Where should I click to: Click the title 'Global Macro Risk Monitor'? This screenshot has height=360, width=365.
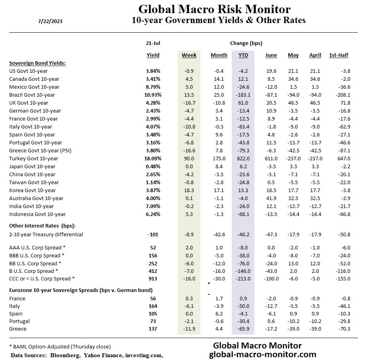click(214, 9)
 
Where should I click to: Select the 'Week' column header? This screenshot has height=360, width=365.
click(189, 55)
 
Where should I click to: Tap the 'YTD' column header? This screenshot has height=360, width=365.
click(243, 55)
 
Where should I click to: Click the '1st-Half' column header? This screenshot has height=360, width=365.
click(339, 55)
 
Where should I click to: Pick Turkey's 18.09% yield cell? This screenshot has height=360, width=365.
click(153, 159)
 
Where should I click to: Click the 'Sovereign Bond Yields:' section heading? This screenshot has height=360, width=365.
click(37, 63)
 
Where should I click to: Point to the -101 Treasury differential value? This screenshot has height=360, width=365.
click(153, 235)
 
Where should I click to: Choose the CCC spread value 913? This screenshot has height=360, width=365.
click(153, 279)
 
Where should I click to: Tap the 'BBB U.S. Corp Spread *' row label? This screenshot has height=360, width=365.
click(37, 256)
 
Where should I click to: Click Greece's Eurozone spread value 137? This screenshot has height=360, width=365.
click(153, 329)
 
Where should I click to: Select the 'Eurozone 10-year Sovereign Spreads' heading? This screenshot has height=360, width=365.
click(81, 290)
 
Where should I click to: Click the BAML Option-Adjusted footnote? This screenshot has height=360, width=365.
click(60, 346)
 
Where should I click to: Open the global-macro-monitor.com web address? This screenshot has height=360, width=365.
click(262, 354)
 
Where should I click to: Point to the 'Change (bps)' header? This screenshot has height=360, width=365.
click(246, 43)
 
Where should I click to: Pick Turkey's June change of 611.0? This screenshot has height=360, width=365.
click(271, 159)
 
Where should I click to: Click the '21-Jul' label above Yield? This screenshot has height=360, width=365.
click(153, 43)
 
